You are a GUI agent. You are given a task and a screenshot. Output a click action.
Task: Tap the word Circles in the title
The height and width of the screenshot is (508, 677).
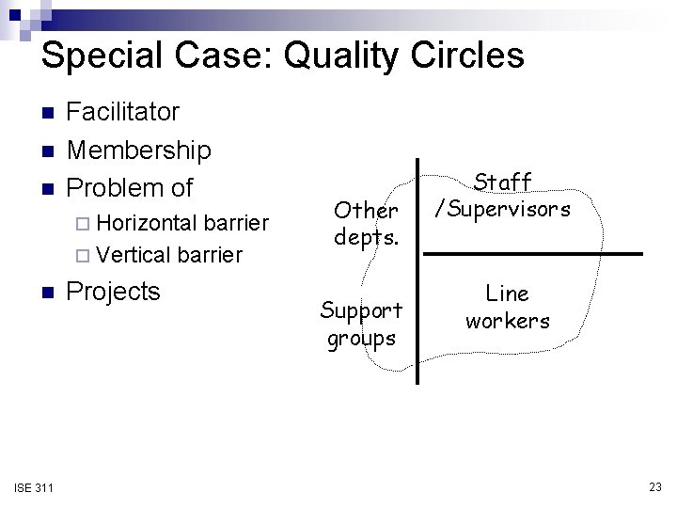pos(464,56)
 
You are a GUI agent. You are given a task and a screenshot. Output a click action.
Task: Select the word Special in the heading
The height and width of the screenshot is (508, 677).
pos(105,56)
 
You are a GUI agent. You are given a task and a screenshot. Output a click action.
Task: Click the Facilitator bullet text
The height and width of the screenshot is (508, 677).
pos(123,112)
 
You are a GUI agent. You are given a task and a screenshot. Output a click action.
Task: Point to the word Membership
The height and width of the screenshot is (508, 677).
pos(139,150)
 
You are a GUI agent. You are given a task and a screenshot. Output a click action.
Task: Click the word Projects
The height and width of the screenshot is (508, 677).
pos(114,292)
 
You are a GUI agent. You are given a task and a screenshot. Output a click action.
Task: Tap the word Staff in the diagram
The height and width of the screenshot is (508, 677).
pos(502,182)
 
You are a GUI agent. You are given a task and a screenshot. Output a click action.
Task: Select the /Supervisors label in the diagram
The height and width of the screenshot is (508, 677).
pos(502,208)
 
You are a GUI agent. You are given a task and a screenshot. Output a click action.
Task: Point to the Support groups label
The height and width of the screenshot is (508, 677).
pos(361,323)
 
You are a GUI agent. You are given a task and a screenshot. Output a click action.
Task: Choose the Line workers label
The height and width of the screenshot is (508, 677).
pos(508,308)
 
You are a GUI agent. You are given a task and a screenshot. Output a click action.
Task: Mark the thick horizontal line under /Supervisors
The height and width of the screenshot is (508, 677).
pos(531,253)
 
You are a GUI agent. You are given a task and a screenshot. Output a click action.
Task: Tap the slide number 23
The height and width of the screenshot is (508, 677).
pos(654,486)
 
